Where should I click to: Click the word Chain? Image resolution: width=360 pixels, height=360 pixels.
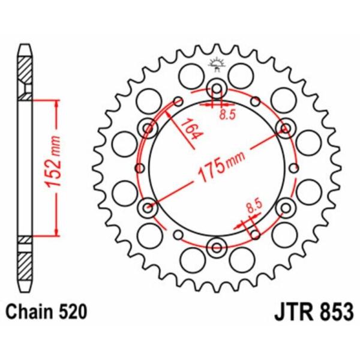(x=27, y=313)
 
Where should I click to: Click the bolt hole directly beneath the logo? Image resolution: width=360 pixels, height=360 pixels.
(x=216, y=89)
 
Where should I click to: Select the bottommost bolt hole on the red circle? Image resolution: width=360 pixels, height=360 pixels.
(x=216, y=244)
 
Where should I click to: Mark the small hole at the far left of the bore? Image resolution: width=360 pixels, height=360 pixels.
(x=140, y=168)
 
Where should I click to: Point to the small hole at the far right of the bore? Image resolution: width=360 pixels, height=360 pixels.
(x=292, y=168)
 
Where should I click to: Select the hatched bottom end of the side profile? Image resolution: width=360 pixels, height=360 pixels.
(x=23, y=264)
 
